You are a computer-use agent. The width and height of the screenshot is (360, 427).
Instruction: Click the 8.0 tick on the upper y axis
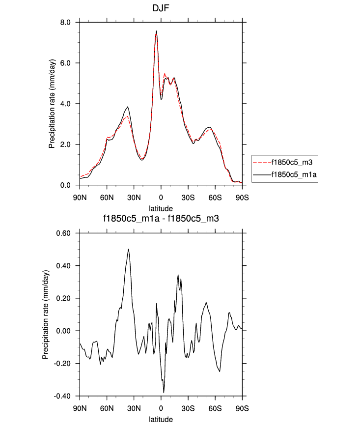click(x=65, y=23)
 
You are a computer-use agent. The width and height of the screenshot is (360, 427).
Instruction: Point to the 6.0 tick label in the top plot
click(x=65, y=63)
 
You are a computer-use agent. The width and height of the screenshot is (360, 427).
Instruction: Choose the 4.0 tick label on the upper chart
click(x=65, y=104)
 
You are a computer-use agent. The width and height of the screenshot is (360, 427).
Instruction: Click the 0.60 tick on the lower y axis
click(x=63, y=233)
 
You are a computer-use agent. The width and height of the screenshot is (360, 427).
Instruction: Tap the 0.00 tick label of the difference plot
click(x=63, y=331)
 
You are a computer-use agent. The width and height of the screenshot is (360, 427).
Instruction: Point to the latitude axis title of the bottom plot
click(x=161, y=420)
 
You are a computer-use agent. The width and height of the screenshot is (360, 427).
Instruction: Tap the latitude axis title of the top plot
click(x=161, y=208)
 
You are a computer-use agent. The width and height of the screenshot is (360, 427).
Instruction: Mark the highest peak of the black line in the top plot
click(x=157, y=31)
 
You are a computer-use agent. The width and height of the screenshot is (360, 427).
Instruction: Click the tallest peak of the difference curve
click(x=129, y=249)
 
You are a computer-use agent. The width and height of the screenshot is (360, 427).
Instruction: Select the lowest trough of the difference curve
click(x=164, y=392)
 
